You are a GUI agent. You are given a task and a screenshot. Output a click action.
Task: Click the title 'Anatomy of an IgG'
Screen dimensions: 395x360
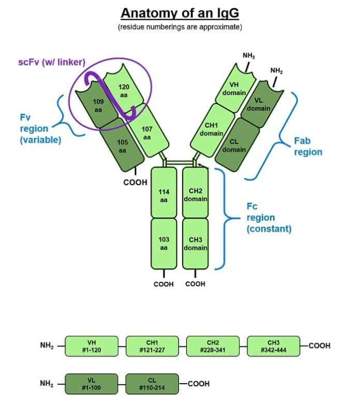179,12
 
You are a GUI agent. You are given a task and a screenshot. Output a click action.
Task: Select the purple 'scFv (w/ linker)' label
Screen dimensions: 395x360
52,63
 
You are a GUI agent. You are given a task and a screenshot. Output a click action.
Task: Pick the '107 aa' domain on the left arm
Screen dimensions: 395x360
146,133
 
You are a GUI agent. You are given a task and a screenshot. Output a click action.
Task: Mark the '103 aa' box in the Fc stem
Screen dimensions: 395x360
163,244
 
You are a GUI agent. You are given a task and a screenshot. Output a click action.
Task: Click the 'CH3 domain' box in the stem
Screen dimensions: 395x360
195,244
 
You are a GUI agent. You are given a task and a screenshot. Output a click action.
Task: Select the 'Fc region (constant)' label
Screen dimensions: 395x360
267,217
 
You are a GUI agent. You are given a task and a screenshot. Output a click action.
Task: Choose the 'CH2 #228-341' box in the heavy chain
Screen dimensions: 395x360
213,346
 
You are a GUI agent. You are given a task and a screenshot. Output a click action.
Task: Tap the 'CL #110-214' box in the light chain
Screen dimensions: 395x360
152,384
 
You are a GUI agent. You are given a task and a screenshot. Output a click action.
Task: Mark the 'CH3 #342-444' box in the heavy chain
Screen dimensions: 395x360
273,346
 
